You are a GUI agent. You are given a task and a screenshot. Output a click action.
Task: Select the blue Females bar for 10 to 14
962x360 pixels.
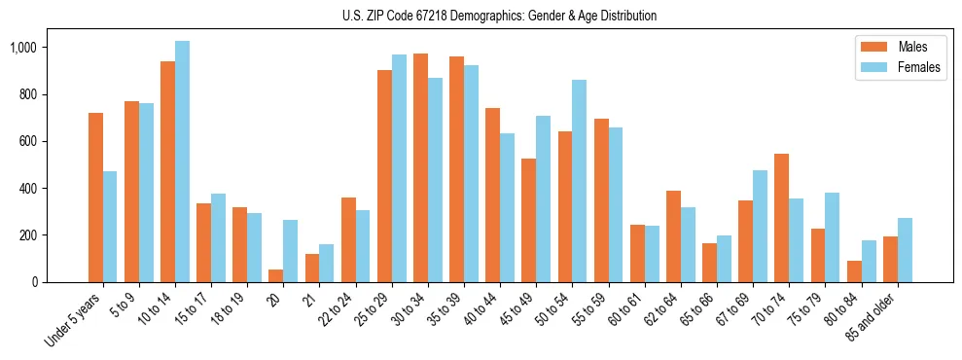[x=182, y=162]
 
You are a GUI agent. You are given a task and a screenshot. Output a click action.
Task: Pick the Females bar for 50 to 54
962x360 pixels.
[x=579, y=181]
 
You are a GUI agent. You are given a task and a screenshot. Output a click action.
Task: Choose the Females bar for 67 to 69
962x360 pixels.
[x=760, y=226]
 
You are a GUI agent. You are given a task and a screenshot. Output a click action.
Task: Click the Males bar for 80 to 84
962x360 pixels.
[x=854, y=271]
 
